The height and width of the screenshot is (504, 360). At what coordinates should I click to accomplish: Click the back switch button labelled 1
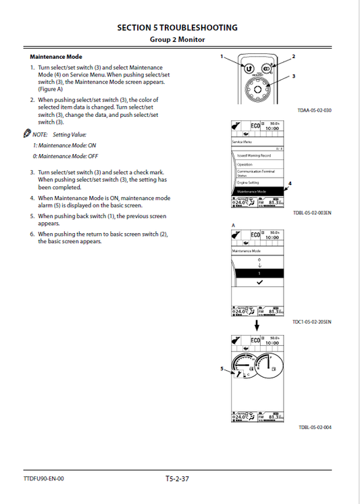click(249, 69)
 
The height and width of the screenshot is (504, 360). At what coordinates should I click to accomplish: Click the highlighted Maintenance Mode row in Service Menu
click(257, 191)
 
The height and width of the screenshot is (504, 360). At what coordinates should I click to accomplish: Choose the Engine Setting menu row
click(257, 182)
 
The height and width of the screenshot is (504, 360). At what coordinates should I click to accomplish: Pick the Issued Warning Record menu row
click(257, 155)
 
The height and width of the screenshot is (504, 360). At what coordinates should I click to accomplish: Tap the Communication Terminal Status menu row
click(257, 173)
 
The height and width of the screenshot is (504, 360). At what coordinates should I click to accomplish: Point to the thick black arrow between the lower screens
click(257, 325)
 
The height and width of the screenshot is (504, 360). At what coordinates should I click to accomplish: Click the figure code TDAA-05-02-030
click(314, 110)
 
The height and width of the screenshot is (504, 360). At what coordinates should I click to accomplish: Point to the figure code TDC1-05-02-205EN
click(311, 322)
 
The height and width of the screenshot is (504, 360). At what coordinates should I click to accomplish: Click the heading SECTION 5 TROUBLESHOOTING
click(177, 28)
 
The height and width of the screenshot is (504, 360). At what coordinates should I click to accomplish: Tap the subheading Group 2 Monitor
click(177, 40)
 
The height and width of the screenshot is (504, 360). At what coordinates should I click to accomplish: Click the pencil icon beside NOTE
click(26, 134)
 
